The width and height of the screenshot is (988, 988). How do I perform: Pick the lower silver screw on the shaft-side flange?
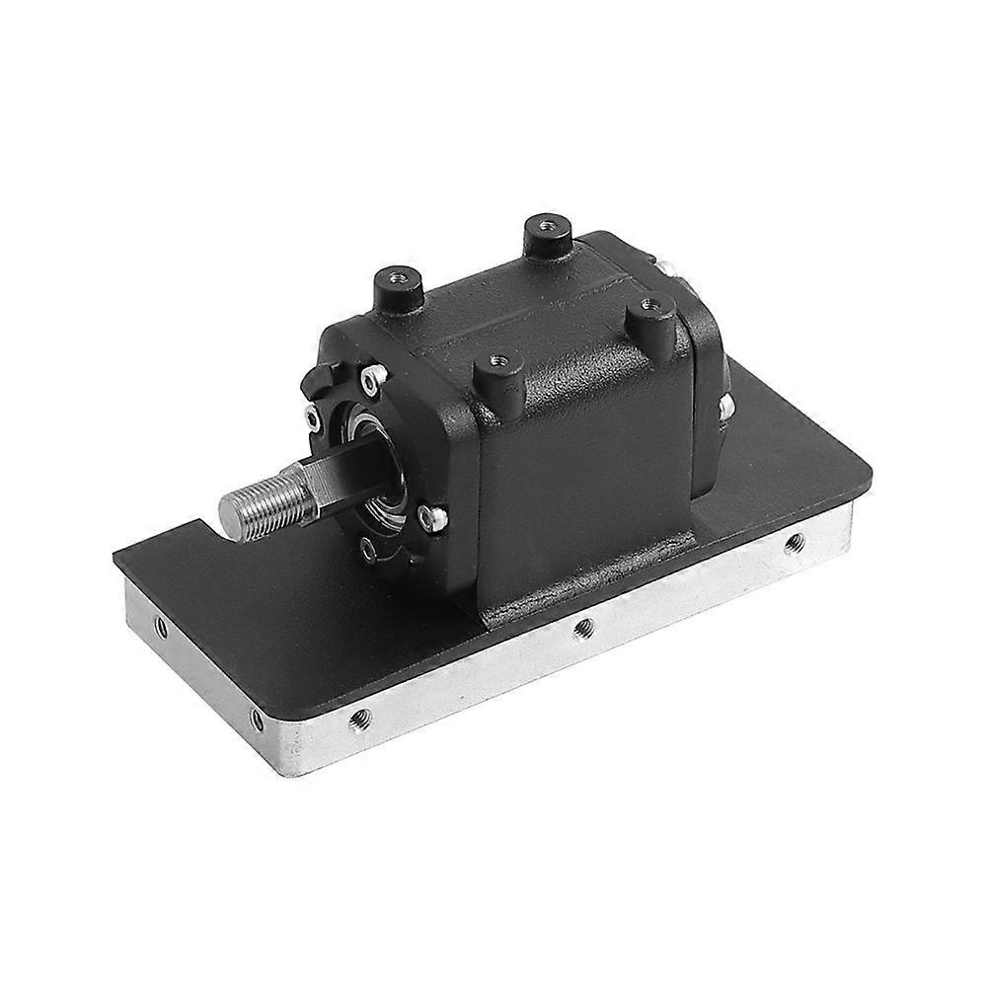pos(426,514)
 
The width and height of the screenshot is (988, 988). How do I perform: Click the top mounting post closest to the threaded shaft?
pos(399,287)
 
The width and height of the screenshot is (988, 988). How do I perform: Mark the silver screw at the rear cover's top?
pos(666,265)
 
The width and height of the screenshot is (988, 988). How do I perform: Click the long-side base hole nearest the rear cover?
pos(792,542)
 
